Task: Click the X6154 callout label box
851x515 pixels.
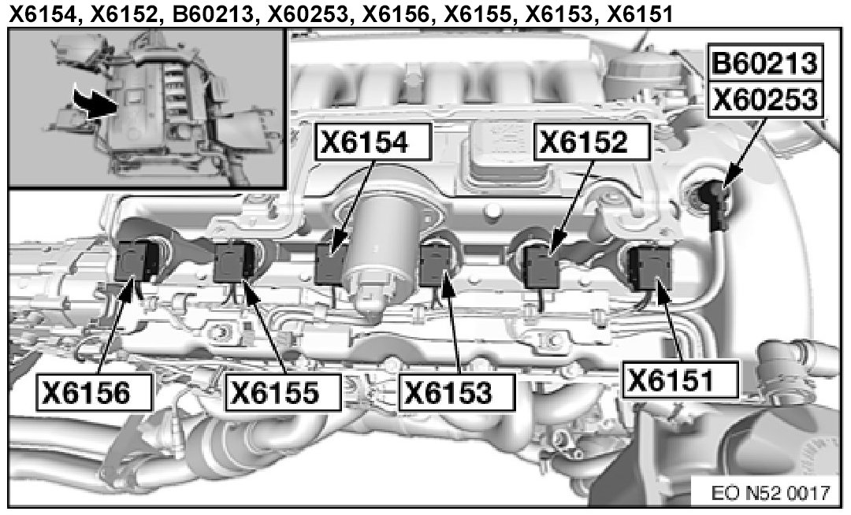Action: [373, 142]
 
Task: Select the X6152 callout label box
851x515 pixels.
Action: [592, 142]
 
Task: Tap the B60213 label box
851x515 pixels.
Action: [764, 63]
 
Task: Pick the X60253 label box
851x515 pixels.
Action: [764, 100]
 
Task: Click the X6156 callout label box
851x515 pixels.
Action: [94, 392]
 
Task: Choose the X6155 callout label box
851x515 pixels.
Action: [283, 392]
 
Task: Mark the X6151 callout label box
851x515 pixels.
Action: [681, 380]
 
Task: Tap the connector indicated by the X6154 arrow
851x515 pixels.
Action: [330, 264]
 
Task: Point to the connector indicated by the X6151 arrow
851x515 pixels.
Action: [649, 266]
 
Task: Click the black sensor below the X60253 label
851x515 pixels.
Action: [715, 204]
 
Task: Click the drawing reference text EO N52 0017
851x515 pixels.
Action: [770, 492]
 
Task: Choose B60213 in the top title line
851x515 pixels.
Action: [214, 13]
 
